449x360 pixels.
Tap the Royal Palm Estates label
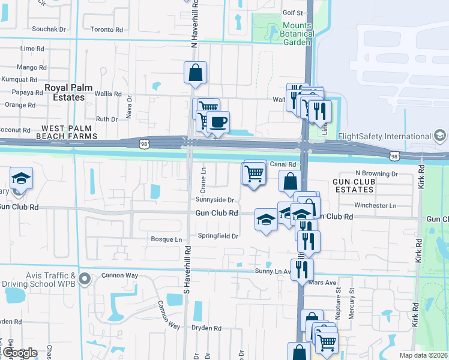point(68,92)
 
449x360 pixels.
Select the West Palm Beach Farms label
point(69,133)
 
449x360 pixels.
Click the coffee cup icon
point(218,122)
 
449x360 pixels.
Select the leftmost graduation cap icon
point(21,178)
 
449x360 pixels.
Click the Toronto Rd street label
point(107,29)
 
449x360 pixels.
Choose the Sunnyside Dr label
point(214,200)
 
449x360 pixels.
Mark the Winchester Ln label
point(376,205)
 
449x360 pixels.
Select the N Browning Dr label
point(376,173)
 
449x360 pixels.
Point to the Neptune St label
point(339,298)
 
